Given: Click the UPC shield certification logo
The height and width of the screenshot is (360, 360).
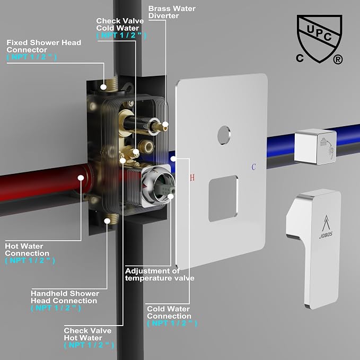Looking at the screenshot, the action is (319, 39).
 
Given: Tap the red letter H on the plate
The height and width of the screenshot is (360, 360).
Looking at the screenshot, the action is (192, 178).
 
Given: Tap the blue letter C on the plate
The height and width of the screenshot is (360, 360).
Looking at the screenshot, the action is (253, 167).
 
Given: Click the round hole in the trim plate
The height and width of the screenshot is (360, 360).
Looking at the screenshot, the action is (224, 135).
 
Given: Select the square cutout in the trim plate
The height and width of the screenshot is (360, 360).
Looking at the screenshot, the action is (223, 199).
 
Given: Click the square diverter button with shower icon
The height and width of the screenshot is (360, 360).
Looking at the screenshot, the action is (315, 147).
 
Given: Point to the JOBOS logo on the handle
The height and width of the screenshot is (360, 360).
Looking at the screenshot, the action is (326, 227).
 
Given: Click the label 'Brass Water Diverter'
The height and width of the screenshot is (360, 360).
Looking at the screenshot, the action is (172, 12).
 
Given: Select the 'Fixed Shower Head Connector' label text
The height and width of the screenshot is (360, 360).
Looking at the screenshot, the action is (43, 46).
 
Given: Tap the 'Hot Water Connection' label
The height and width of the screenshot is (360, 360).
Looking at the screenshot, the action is (27, 250).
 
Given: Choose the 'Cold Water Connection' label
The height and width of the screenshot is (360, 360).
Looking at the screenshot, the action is (169, 312).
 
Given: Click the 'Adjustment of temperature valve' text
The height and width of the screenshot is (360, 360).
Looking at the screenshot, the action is (160, 275).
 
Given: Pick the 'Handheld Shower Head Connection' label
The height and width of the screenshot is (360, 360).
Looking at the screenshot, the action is (65, 297).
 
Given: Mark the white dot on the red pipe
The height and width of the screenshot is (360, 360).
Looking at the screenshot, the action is (81, 178).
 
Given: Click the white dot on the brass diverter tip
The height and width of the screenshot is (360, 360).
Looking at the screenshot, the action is (165, 125).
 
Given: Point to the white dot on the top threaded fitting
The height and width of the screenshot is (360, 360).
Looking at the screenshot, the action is (103, 87).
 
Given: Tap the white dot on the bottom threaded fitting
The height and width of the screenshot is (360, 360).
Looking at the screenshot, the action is (107, 221).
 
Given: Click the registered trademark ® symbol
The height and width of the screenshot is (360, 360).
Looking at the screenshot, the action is (338, 59).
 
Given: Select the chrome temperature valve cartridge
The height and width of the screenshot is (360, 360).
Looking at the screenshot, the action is (157, 186).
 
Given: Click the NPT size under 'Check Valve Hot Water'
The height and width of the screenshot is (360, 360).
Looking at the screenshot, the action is (89, 345).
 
